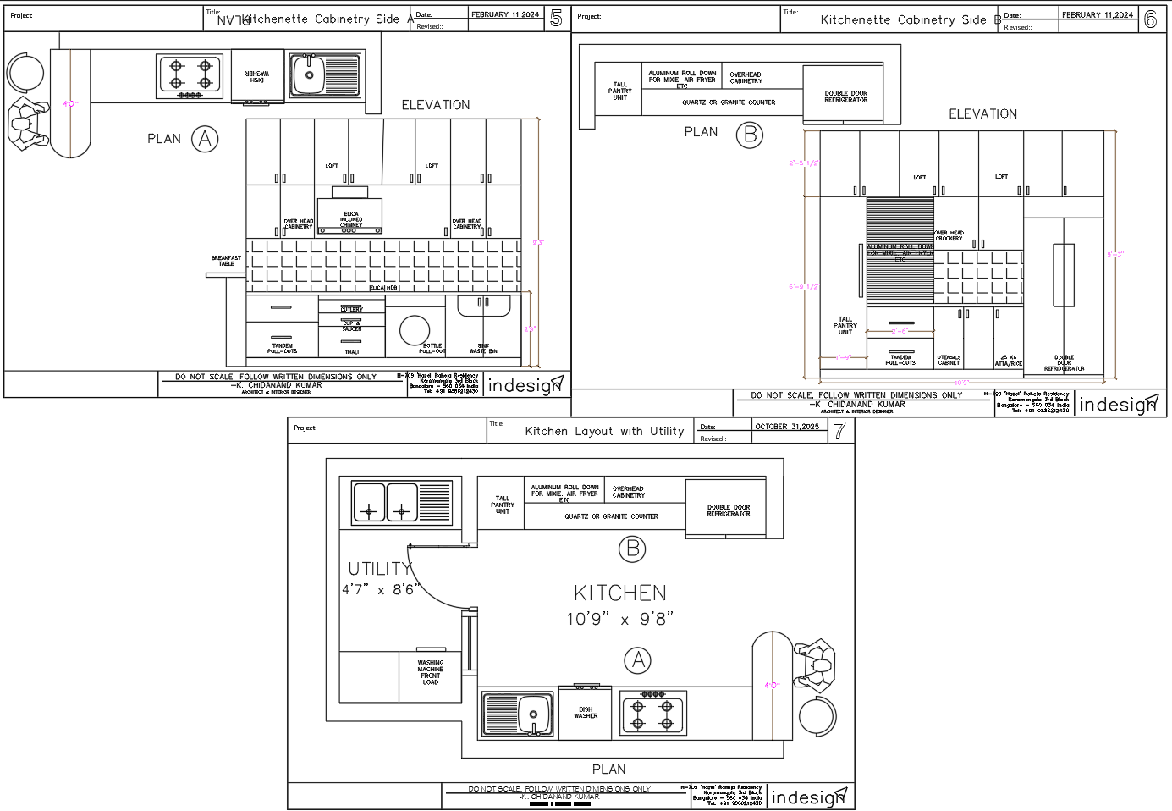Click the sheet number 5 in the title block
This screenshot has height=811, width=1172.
[556, 19]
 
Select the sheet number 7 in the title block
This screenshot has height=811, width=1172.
[839, 430]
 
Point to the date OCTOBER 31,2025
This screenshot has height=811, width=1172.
[786, 427]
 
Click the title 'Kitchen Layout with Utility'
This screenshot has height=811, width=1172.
[604, 431]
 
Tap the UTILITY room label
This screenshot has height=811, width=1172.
[380, 569]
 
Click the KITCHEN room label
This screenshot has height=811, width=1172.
[620, 593]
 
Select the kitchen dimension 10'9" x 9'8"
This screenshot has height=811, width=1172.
[619, 619]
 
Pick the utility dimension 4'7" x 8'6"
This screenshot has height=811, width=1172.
[380, 589]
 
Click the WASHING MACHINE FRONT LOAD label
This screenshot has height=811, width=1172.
[430, 672]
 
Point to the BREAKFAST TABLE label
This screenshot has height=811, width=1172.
[226, 261]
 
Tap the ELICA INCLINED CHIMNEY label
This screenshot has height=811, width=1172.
[351, 219]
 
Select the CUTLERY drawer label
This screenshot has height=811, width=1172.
[351, 309]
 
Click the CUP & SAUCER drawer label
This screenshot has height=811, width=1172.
[351, 326]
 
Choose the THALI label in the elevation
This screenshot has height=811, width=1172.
[351, 352]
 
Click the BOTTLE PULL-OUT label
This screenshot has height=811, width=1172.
[432, 348]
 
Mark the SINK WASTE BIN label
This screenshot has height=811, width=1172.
[483, 348]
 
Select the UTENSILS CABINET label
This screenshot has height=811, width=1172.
[949, 360]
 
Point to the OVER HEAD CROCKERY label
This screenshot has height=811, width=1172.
[949, 235]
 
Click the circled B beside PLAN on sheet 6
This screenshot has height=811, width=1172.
[749, 135]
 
